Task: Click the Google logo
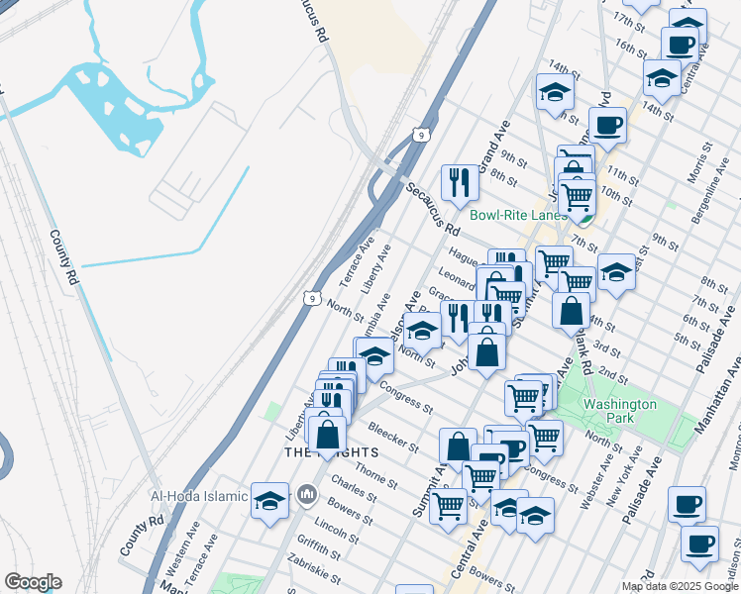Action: point(33,582)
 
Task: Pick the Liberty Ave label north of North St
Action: point(376,268)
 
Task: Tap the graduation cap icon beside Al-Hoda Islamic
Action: point(269,500)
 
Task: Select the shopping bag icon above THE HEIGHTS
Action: point(327,434)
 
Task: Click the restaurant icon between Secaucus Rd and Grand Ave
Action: point(459,181)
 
